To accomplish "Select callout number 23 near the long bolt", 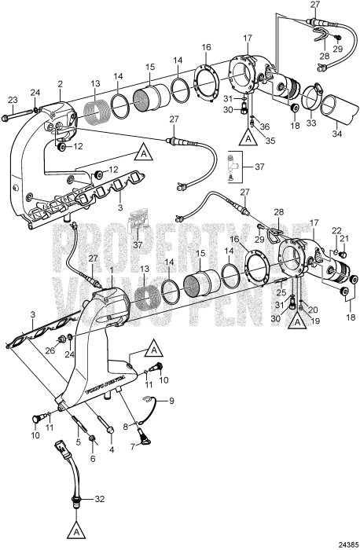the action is (13, 100).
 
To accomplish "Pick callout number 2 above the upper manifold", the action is (61, 85).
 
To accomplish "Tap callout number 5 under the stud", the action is (78, 442).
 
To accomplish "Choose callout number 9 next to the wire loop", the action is (171, 401).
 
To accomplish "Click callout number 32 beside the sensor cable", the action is (100, 499).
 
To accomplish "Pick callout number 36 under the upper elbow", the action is (265, 126).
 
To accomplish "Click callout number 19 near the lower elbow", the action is (314, 321).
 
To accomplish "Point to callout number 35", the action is (270, 141).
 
